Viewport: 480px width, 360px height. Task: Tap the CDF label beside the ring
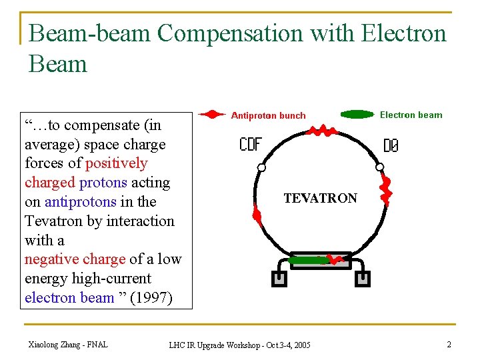click(251, 144)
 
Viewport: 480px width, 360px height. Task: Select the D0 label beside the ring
click(391, 145)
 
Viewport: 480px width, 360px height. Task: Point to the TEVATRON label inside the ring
click(320, 198)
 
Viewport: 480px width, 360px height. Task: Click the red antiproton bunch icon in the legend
click(212, 115)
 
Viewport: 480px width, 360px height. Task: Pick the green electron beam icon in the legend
click(357, 115)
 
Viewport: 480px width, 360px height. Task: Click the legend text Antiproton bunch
click(268, 115)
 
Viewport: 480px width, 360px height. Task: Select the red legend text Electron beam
click(411, 115)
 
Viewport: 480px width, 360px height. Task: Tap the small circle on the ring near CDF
click(261, 167)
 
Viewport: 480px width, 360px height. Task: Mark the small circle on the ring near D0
click(379, 167)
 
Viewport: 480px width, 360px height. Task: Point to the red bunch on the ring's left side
click(256, 213)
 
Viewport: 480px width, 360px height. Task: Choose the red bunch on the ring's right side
click(385, 190)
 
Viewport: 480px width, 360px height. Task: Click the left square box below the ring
click(279, 278)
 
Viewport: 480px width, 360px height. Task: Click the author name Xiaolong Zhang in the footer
click(67, 344)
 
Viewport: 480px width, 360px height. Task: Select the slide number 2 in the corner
click(449, 344)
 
